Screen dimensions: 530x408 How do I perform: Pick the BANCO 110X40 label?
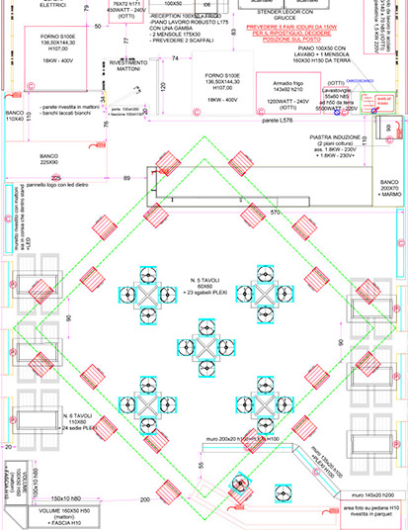coord(14,116)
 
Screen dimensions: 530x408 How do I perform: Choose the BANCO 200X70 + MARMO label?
coord(388,189)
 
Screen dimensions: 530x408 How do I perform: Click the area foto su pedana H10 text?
coord(366,510)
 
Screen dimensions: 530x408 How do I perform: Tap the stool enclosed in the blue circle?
coord(240,484)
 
